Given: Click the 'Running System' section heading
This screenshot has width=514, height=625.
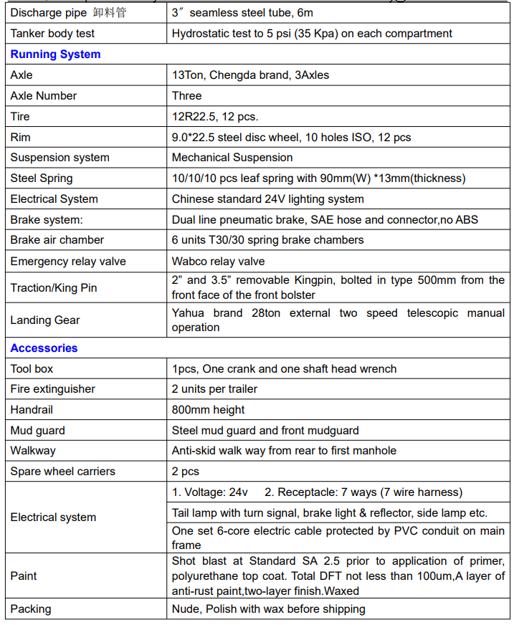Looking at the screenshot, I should (x=55, y=54).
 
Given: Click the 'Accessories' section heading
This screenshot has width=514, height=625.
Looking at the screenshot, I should (x=44, y=348).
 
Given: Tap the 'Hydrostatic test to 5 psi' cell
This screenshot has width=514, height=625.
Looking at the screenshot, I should (x=312, y=34).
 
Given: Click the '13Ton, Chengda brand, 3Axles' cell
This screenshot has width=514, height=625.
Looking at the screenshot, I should (x=250, y=75).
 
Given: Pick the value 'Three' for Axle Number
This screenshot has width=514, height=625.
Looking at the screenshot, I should (x=186, y=96).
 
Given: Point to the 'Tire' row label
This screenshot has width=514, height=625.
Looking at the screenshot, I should (x=20, y=117).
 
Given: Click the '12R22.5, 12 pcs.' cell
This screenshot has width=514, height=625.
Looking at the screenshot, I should (x=214, y=117).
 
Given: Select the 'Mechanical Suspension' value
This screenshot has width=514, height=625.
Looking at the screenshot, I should (x=232, y=158).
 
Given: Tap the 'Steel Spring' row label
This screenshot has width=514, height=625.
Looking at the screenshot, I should (x=42, y=178).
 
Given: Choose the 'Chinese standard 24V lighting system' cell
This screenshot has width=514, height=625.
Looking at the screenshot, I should (x=267, y=199).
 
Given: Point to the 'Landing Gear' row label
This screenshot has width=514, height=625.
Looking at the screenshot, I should (x=45, y=320).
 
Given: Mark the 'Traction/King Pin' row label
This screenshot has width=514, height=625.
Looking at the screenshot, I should (x=54, y=288).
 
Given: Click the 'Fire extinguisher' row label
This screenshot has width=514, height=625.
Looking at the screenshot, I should (x=52, y=389).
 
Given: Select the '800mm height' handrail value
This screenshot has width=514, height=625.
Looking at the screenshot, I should (x=208, y=410).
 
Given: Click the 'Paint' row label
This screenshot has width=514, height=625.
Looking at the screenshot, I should (x=24, y=576).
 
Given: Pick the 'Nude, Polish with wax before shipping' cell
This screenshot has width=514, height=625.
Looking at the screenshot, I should (x=268, y=609).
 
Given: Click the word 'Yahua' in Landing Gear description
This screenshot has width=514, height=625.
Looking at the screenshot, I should (x=189, y=313).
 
